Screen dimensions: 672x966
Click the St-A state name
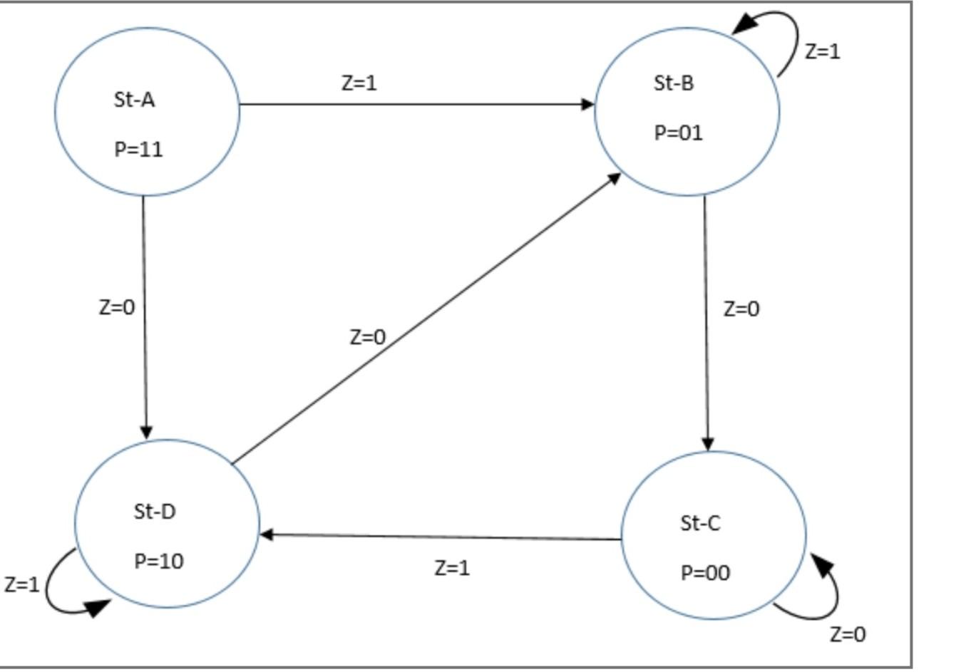[134, 100]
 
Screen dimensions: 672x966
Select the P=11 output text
[138, 150]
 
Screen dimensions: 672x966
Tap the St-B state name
[674, 83]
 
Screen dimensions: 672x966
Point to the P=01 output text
[678, 133]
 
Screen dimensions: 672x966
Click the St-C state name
[700, 524]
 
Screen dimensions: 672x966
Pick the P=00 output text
[705, 573]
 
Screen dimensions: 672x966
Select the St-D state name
[154, 512]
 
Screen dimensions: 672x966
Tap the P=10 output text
[159, 562]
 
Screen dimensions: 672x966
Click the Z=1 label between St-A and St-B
[359, 83]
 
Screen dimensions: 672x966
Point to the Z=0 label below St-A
[116, 307]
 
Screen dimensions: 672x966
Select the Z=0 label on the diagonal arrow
[368, 337]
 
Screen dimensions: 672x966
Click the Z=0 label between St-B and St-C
[741, 309]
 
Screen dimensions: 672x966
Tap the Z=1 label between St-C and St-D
[452, 568]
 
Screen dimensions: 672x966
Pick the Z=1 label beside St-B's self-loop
[822, 51]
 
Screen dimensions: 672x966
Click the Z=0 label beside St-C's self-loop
[848, 634]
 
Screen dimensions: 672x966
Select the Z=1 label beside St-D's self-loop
[21, 584]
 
